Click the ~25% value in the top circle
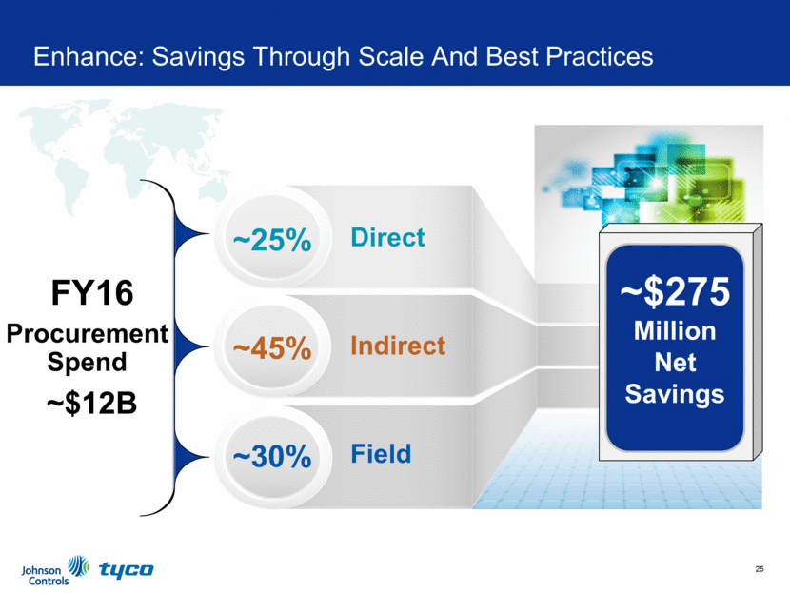(272, 239)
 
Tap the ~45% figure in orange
(272, 347)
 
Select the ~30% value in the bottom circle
(272, 457)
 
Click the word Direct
(387, 237)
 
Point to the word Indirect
(398, 346)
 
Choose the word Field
(381, 453)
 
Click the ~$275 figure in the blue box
(675, 291)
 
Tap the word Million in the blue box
(675, 331)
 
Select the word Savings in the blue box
(675, 394)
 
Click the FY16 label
(92, 293)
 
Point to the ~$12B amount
(91, 403)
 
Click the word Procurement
(88, 333)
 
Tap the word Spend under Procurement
(87, 363)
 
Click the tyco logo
(127, 569)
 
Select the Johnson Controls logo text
(45, 575)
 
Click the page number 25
(760, 569)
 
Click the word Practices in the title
(600, 56)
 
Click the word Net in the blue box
(675, 363)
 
